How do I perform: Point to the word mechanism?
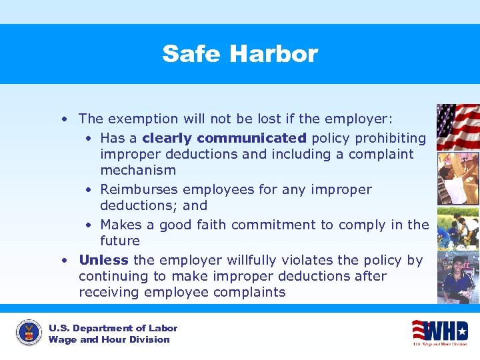point(138,170)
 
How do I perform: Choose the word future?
point(120,241)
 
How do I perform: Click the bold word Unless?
point(104,260)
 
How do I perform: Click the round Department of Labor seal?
point(28,333)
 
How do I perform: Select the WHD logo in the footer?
point(439,331)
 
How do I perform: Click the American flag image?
point(457,127)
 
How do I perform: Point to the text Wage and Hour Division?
point(109,339)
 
